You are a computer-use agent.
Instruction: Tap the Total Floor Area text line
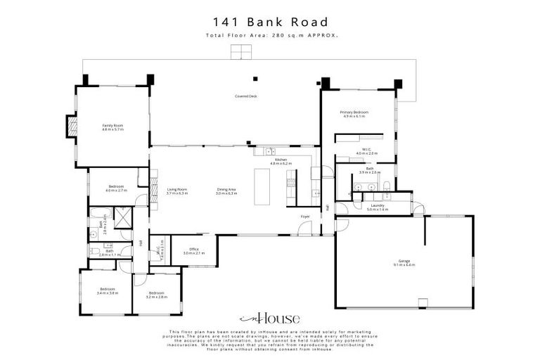269,34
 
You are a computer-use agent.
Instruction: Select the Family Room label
112,127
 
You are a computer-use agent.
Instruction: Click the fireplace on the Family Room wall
72,125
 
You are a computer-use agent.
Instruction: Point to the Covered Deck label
245,96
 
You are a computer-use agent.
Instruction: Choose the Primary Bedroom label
354,114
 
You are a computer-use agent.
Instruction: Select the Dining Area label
226,191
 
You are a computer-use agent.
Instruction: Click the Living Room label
176,191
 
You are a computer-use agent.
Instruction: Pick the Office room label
193,250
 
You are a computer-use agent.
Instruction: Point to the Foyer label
305,217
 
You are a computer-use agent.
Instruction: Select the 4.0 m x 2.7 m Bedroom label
115,188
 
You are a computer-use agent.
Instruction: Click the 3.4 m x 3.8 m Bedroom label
108,291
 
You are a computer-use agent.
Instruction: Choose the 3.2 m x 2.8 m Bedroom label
155,295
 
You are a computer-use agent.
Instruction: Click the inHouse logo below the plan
269,318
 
